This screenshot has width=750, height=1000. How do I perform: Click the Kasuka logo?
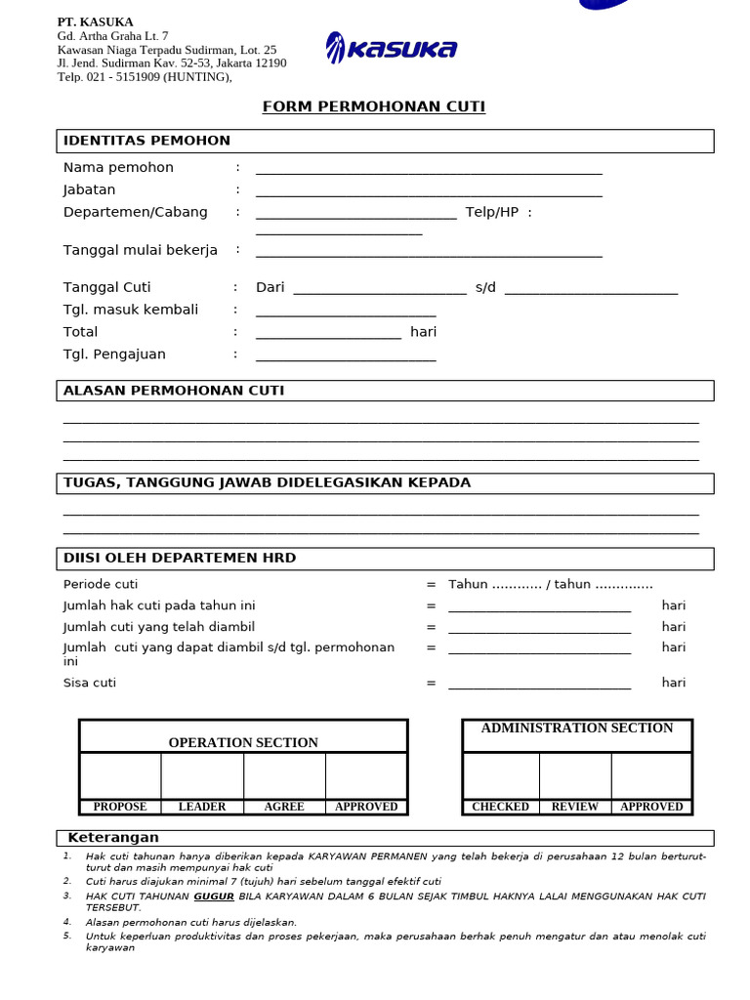click(391, 49)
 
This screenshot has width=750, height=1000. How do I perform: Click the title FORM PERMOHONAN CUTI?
click(373, 107)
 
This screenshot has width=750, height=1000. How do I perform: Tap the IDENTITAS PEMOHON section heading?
click(146, 141)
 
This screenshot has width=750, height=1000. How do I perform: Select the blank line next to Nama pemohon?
click(429, 170)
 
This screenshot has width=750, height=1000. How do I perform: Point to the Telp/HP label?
click(492, 213)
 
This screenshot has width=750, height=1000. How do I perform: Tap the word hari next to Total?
click(423, 332)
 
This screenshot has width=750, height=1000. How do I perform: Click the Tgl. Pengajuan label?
click(114, 354)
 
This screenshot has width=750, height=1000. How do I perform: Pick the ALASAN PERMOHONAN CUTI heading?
click(174, 391)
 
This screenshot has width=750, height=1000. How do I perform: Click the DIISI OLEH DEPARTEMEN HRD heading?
click(180, 559)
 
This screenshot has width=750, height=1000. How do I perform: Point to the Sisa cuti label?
click(90, 683)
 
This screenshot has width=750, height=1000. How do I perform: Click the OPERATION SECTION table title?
click(243, 743)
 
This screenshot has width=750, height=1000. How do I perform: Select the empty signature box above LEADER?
click(202, 776)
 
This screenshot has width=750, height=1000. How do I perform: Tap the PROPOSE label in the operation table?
click(120, 807)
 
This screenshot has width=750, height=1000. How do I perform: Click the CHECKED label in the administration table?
click(500, 807)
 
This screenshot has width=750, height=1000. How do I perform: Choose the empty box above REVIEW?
click(575, 776)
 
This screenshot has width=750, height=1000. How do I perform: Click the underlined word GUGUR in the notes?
click(214, 896)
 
